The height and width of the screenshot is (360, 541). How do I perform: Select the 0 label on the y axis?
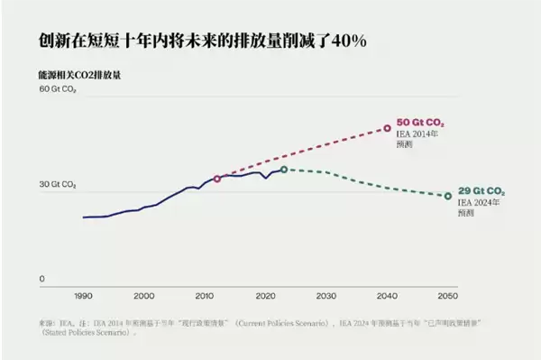41,279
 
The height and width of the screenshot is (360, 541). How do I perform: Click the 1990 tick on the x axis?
83,296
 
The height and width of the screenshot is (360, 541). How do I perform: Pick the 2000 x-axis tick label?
143,296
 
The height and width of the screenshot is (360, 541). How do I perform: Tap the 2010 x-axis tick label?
205,296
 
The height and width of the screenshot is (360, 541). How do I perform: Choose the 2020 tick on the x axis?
265,296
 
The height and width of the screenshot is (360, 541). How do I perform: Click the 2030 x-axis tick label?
326,296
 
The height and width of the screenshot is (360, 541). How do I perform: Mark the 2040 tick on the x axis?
387,296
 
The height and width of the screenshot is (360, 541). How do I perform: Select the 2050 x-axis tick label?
448,296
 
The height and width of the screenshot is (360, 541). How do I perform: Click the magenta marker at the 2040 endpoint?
388,128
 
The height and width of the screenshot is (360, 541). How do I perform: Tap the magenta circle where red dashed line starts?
217,179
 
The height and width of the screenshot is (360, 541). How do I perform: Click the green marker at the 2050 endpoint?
448,196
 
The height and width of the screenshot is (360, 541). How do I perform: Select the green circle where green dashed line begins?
284,170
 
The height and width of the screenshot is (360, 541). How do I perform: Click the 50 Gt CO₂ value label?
420,122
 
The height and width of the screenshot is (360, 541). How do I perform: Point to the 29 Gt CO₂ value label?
481,192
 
